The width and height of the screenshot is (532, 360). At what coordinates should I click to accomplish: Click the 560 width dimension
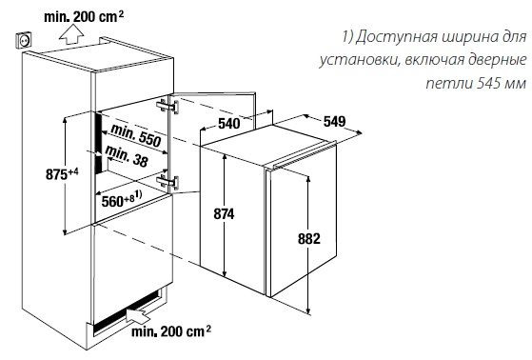coord(116,200)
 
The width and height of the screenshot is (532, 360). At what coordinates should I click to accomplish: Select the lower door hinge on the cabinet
coord(168,179)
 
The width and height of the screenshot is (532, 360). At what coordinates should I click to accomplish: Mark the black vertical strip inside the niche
coord(97,143)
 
